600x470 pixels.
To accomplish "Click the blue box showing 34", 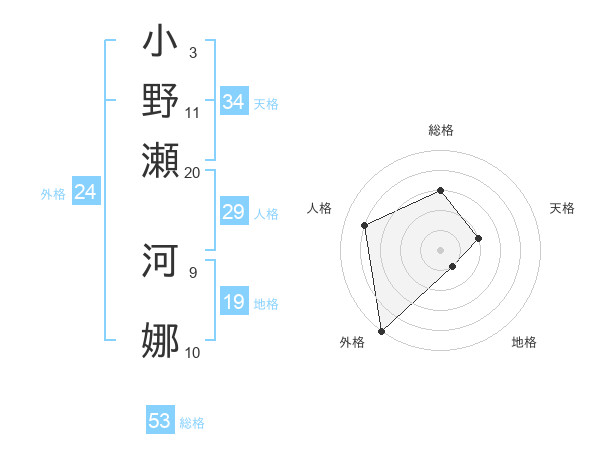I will coord(233,102).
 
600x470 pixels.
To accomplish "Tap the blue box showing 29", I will coord(233,212).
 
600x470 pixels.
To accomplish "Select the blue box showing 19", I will coord(233,303).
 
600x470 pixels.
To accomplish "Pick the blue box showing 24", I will coord(85,192).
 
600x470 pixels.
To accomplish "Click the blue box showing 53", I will coord(160,421).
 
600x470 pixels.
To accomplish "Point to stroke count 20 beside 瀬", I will coord(192,172).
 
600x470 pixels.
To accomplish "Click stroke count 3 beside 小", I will coord(192,52).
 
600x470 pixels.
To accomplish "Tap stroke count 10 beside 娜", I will coord(192,352).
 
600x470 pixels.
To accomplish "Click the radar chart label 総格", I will coord(441,130).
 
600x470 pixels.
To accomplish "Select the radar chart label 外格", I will coord(351,343).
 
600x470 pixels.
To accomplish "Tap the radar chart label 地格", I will coord(524,343).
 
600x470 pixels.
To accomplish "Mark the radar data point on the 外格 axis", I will coord(381,331).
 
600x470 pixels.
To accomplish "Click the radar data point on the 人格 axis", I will coord(365,225).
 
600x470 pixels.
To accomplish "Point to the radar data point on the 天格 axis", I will coord(479,238).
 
